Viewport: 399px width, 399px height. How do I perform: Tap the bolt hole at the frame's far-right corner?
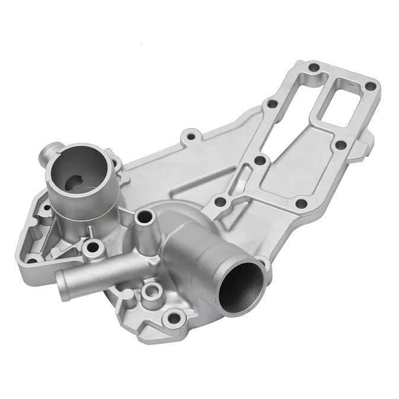tap(371, 87)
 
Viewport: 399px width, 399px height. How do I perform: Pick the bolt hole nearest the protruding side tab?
tap(340, 145)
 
